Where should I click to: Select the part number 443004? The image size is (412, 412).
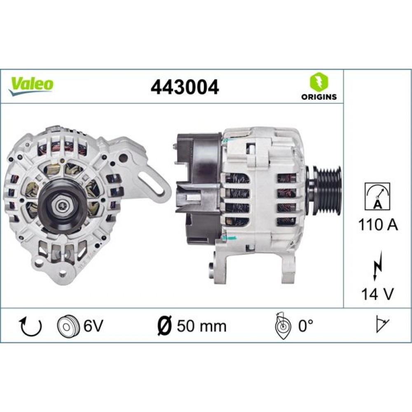coord(185,87)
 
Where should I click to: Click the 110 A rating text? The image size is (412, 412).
coord(377,225)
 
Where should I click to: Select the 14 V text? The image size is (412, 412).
coord(377,294)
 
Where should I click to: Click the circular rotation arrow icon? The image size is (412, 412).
coord(31,327)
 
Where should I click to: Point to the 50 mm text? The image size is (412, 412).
coord(201,326)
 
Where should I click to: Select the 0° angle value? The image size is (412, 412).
coord(305,326)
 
